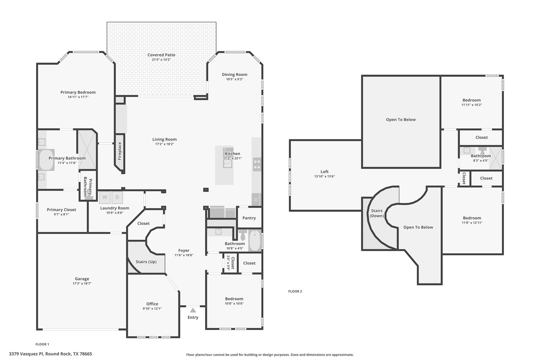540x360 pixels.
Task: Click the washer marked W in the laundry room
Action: (x=105, y=197)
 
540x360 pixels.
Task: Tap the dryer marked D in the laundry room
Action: (x=117, y=197)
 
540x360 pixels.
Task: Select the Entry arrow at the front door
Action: (x=193, y=310)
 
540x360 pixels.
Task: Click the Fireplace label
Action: (x=120, y=151)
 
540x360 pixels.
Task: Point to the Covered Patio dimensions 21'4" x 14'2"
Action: (x=161, y=60)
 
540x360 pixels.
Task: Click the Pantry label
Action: (x=249, y=218)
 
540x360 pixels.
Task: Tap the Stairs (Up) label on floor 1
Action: (x=146, y=262)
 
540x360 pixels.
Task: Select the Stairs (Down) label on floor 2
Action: (x=377, y=213)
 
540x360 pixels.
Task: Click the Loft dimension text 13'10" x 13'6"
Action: (x=325, y=176)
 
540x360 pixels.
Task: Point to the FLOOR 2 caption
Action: (x=295, y=291)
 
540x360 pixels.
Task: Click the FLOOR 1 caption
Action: (x=42, y=344)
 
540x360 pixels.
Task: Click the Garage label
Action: (x=82, y=279)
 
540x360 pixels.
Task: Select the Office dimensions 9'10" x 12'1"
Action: (x=152, y=309)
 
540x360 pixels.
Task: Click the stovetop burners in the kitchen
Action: (x=257, y=164)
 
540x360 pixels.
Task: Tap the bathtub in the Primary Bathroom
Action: (x=47, y=160)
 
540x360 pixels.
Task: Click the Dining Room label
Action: (x=235, y=74)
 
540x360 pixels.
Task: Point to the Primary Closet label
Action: (x=61, y=210)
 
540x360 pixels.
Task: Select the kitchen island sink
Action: (x=227, y=164)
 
